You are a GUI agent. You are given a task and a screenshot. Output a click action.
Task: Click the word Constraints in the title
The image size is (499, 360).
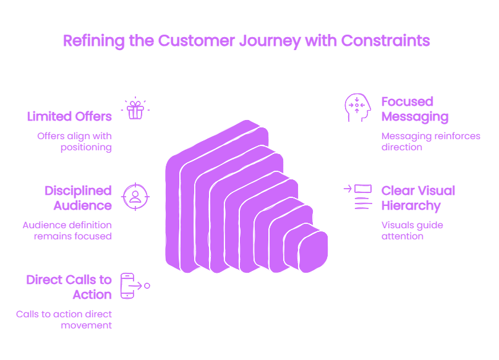click(x=385, y=41)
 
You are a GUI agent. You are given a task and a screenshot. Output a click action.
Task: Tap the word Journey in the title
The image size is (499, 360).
click(x=270, y=41)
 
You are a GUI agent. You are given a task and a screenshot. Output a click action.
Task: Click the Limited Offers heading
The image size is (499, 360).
click(x=69, y=116)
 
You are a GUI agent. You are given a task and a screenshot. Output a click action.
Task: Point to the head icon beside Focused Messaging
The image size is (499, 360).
click(x=357, y=107)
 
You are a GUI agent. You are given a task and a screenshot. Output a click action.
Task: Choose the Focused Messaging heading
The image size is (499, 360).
click(x=415, y=109)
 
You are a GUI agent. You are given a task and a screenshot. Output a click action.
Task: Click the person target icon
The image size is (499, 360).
click(x=135, y=197)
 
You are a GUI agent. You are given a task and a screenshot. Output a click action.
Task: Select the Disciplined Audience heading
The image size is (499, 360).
click(x=78, y=198)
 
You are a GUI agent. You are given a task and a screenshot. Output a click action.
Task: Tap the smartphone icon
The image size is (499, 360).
click(x=127, y=286)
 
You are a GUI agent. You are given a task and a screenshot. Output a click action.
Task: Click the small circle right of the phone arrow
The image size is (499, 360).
click(x=147, y=286)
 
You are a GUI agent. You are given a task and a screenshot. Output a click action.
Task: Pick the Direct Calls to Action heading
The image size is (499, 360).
click(x=69, y=287)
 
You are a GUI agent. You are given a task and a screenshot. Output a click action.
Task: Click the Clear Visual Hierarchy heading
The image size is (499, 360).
click(x=418, y=199)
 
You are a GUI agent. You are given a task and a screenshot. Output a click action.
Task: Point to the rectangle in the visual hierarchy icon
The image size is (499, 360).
click(x=363, y=189)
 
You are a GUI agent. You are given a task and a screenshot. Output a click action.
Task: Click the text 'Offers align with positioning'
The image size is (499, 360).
click(x=74, y=142)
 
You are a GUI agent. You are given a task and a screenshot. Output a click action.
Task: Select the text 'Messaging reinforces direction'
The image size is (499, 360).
click(x=431, y=142)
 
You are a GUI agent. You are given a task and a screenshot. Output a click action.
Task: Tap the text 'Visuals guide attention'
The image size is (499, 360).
click(x=412, y=231)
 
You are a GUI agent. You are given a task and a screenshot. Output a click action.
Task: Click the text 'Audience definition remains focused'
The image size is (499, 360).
click(x=67, y=231)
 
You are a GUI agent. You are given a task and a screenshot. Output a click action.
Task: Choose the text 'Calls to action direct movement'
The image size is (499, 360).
click(x=64, y=320)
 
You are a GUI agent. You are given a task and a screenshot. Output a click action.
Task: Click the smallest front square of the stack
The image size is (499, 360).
click(x=313, y=252)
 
